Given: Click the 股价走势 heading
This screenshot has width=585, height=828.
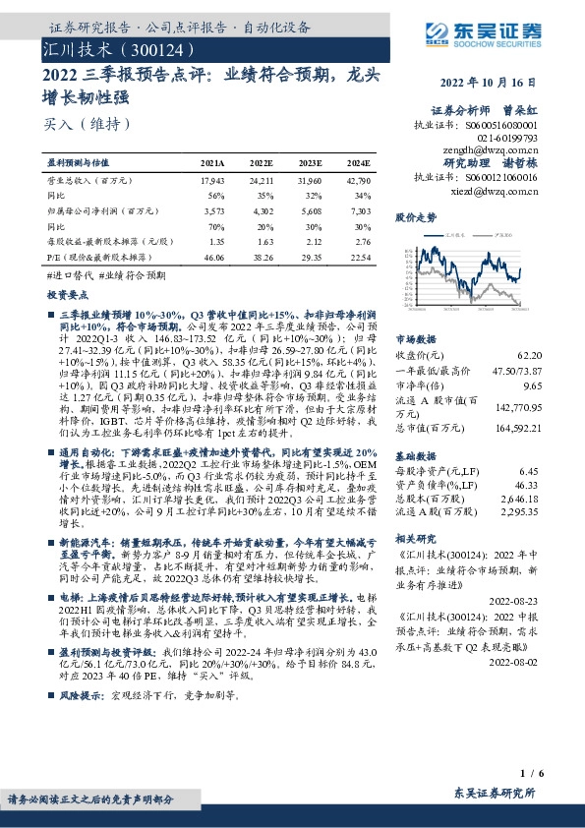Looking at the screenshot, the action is (414, 215).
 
